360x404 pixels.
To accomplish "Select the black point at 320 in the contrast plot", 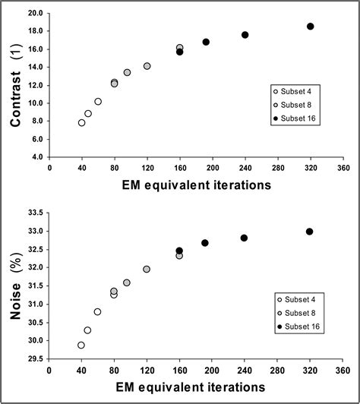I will tap(310, 27).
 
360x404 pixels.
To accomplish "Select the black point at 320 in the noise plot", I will tap(309, 232).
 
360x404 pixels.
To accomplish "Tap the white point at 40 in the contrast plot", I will tap(81, 122).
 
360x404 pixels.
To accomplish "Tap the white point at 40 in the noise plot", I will tap(81, 345).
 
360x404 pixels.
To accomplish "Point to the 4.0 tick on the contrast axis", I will tap(35, 157).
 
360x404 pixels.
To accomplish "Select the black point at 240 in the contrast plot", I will tap(245, 35).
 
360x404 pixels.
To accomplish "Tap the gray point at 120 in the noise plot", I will tap(147, 269).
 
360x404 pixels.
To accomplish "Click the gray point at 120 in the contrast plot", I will tap(147, 66).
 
